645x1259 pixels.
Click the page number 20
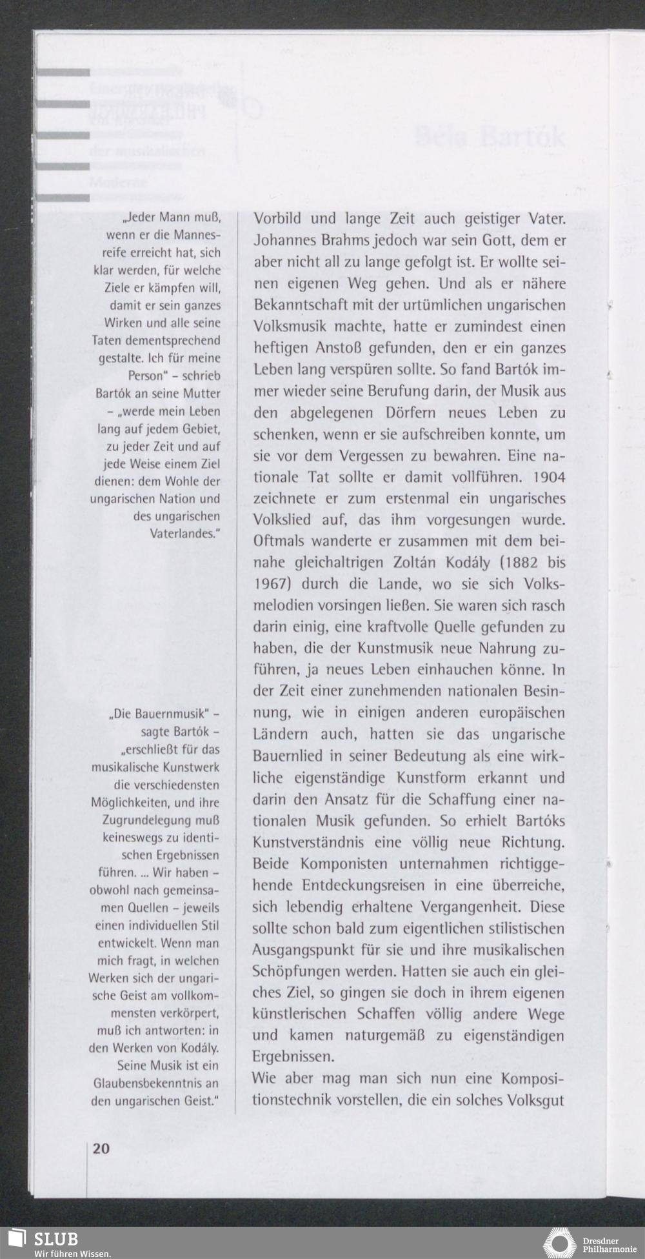point(101,1148)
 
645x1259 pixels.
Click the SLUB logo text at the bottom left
point(55,1239)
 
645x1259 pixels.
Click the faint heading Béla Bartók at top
point(490,137)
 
